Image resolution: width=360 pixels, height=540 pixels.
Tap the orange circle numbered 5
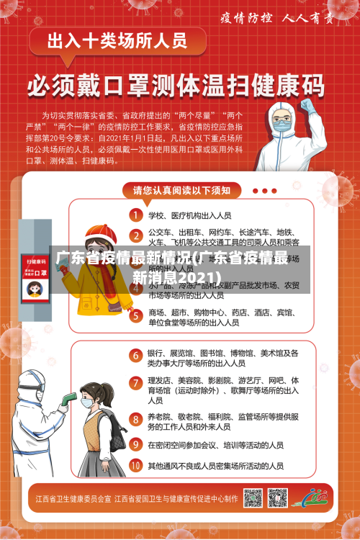pyautogui.click(x=135, y=315)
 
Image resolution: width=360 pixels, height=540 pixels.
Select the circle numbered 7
pyautogui.click(x=135, y=382)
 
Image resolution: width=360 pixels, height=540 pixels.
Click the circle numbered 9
pyautogui.click(x=135, y=444)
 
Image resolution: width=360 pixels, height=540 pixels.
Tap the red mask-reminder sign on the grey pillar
pyautogui.click(x=33, y=278)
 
